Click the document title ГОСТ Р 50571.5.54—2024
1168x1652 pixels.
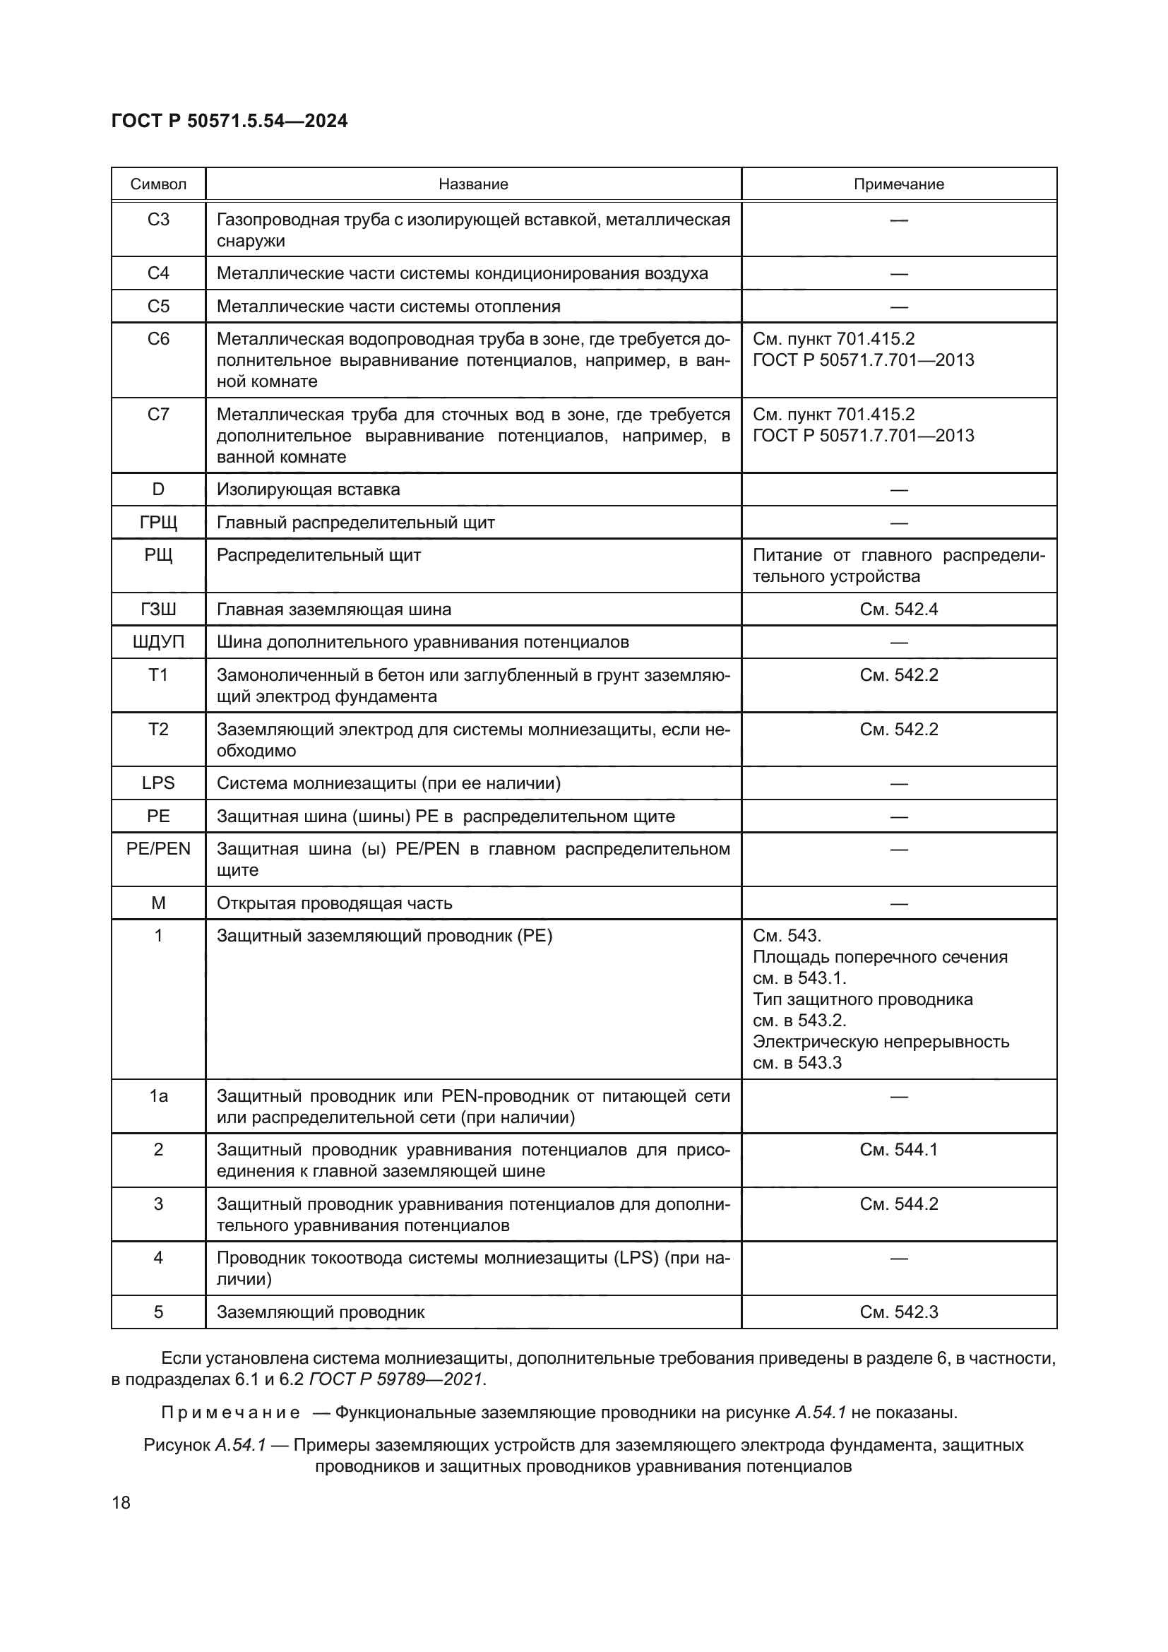230,121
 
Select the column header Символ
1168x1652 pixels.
158,184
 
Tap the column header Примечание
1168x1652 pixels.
898,184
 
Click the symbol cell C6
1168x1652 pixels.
158,339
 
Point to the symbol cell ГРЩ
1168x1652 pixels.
158,523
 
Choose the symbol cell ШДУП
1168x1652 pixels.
158,642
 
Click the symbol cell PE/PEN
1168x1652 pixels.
158,849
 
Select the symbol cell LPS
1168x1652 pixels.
158,783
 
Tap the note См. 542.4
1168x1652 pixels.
898,610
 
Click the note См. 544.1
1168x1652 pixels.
898,1150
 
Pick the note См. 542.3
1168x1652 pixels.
898,1312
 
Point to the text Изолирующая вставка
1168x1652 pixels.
308,490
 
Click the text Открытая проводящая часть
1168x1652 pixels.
335,903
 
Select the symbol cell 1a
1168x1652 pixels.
158,1096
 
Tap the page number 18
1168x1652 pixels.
121,1503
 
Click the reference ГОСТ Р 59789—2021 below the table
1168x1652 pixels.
396,1379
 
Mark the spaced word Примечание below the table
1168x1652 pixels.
230,1413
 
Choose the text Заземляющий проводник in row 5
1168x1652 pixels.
320,1312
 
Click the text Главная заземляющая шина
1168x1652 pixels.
334,610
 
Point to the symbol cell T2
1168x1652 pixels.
158,730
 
